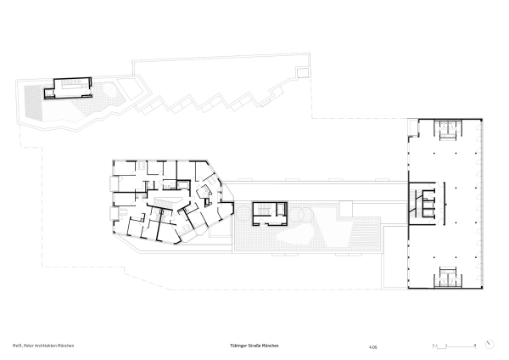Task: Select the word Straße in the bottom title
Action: coord(254,346)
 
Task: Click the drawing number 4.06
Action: coord(372,346)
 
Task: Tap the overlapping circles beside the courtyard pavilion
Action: coord(299,217)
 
